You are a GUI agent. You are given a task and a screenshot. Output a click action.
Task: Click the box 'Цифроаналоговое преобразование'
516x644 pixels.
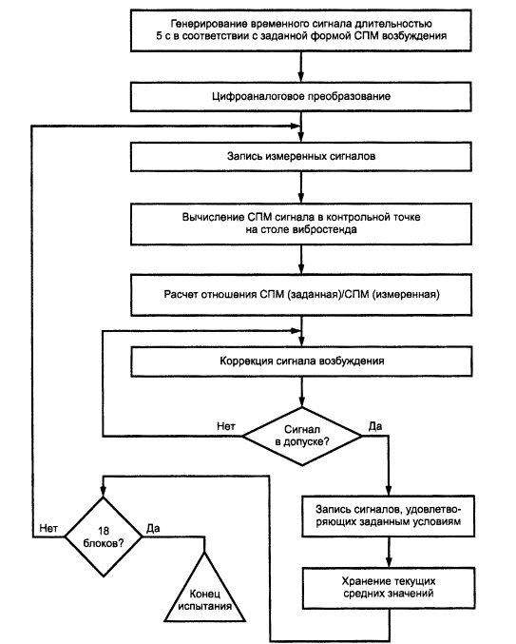[x=301, y=96]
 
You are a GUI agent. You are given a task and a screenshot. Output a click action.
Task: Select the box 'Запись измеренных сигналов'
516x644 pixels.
[x=301, y=157]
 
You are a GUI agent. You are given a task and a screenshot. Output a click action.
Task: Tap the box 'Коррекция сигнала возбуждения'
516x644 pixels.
[x=301, y=361]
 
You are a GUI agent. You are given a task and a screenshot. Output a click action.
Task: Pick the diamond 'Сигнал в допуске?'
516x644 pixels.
[x=302, y=437]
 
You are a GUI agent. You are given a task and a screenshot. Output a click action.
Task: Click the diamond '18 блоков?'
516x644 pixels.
[x=104, y=537]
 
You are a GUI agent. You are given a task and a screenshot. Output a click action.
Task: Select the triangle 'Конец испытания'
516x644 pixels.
[x=204, y=587]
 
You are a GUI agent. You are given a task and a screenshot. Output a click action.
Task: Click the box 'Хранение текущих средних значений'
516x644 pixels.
[x=389, y=588]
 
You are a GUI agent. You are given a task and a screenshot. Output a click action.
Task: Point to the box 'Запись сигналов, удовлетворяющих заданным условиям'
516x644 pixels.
[x=389, y=516]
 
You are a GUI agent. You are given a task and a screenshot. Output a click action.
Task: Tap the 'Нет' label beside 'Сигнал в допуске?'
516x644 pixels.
[x=226, y=426]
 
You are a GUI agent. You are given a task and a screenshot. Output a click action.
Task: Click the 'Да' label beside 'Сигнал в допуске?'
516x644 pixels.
[x=375, y=426]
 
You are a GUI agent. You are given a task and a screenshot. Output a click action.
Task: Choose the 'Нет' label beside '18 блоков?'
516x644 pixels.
[x=48, y=528]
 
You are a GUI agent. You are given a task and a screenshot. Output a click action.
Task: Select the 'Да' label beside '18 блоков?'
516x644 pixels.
[x=153, y=528]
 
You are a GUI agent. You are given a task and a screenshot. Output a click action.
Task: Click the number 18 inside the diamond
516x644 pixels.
[x=104, y=531]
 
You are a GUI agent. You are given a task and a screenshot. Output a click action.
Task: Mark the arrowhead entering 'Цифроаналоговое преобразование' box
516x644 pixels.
[x=301, y=77]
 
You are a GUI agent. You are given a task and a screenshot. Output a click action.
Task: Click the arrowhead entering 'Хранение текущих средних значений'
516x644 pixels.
[x=389, y=562]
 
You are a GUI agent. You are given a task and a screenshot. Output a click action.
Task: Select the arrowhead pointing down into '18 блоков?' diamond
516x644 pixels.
[x=104, y=492]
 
